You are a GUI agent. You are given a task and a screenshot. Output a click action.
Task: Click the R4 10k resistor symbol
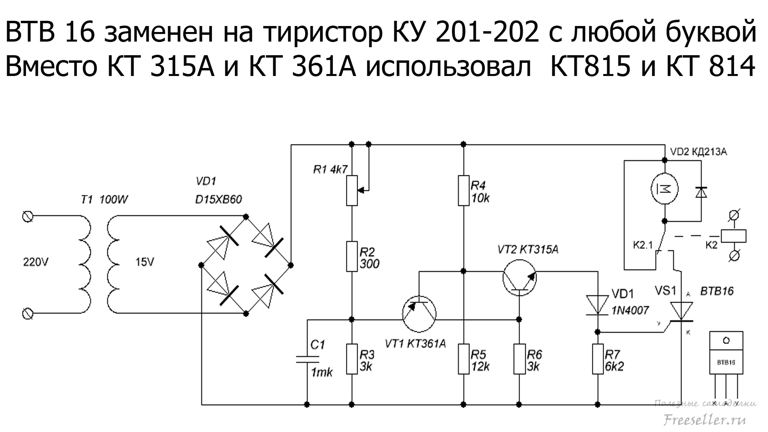click(x=464, y=190)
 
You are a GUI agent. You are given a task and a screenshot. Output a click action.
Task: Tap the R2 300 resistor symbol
click(x=352, y=256)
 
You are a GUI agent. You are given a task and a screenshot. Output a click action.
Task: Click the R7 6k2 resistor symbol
click(x=598, y=359)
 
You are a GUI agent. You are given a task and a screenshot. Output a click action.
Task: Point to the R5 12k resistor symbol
click(x=464, y=359)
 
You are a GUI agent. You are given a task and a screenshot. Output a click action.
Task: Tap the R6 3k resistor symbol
click(x=519, y=359)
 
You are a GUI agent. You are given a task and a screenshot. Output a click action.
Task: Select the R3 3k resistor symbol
click(x=352, y=359)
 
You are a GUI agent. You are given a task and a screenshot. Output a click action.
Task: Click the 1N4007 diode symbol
click(x=598, y=305)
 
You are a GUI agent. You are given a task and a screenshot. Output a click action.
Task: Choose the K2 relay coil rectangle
click(x=733, y=236)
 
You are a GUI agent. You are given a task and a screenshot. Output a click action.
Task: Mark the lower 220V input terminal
click(x=28, y=314)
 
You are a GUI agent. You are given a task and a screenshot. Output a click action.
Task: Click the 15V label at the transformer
click(x=144, y=262)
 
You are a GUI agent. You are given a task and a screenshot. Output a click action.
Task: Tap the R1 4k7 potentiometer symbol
click(x=352, y=190)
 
